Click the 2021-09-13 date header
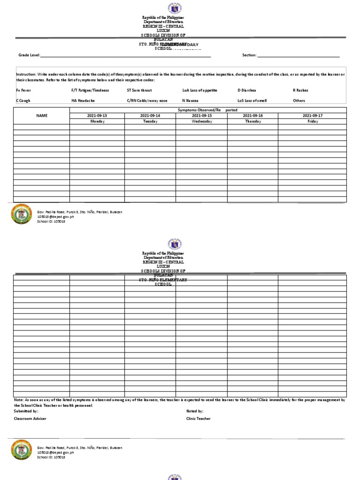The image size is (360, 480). coord(97,115)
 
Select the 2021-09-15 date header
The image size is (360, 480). coord(202,115)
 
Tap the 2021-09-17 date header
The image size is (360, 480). coord(313,115)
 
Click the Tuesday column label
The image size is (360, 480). coord(150,121)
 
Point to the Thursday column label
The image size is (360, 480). coord(253,121)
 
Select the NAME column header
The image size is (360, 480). coord(42,115)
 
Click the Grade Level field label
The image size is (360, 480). coord(29,55)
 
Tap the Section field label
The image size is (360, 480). coord(249,55)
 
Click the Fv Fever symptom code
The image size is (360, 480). coord(23,90)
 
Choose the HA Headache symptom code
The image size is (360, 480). coord(83,100)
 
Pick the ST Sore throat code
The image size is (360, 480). coord(139,90)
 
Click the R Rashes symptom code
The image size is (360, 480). coord(300,90)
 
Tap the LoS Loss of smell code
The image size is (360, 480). coord(252,100)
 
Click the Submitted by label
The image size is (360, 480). coord(26,411)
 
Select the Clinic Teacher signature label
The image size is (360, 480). coord(198,419)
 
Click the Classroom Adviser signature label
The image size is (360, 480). coord(30,419)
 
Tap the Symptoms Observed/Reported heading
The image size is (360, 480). coord(208,110)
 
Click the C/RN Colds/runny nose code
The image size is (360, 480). coord(147,100)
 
